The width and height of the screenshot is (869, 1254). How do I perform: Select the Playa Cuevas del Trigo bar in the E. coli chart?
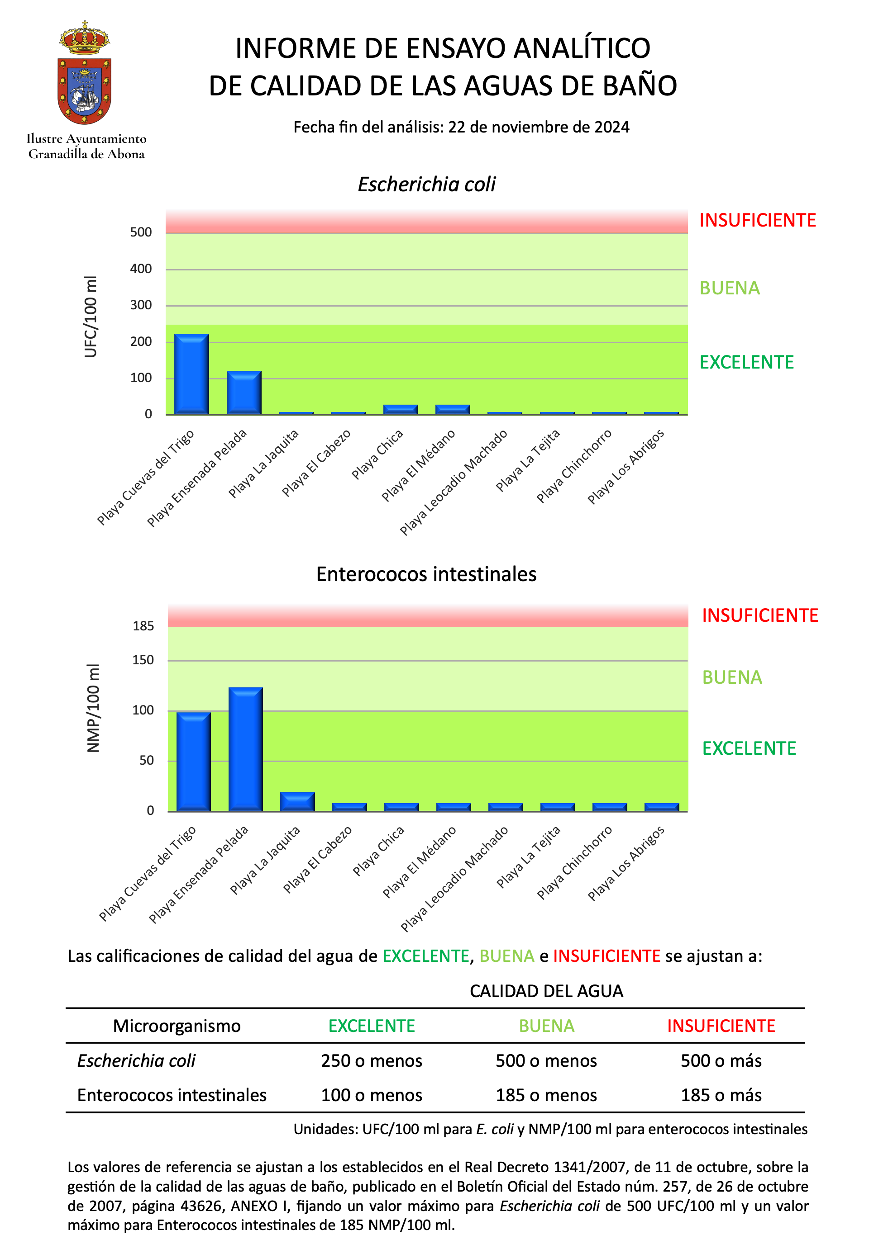191,374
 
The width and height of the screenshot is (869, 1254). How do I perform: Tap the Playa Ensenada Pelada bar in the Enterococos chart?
246,749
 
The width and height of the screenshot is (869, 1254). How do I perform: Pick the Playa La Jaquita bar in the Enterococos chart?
297,801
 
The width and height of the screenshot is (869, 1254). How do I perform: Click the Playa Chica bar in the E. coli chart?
401,410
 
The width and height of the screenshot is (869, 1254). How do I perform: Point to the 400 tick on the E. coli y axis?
141,269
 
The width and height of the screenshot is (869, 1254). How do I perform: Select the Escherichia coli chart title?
427,185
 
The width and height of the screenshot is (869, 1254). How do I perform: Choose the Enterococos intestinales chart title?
426,574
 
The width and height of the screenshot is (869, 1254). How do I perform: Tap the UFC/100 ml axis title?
91,317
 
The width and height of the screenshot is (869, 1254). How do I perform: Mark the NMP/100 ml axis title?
93,708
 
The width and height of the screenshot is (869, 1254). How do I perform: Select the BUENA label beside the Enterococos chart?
732,677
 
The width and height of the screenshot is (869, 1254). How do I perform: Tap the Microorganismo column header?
177,1026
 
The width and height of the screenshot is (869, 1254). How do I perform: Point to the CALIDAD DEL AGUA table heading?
546,991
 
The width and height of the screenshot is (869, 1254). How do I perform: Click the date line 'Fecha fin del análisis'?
461,127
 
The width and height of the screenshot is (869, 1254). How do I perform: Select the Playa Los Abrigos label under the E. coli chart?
625,467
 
